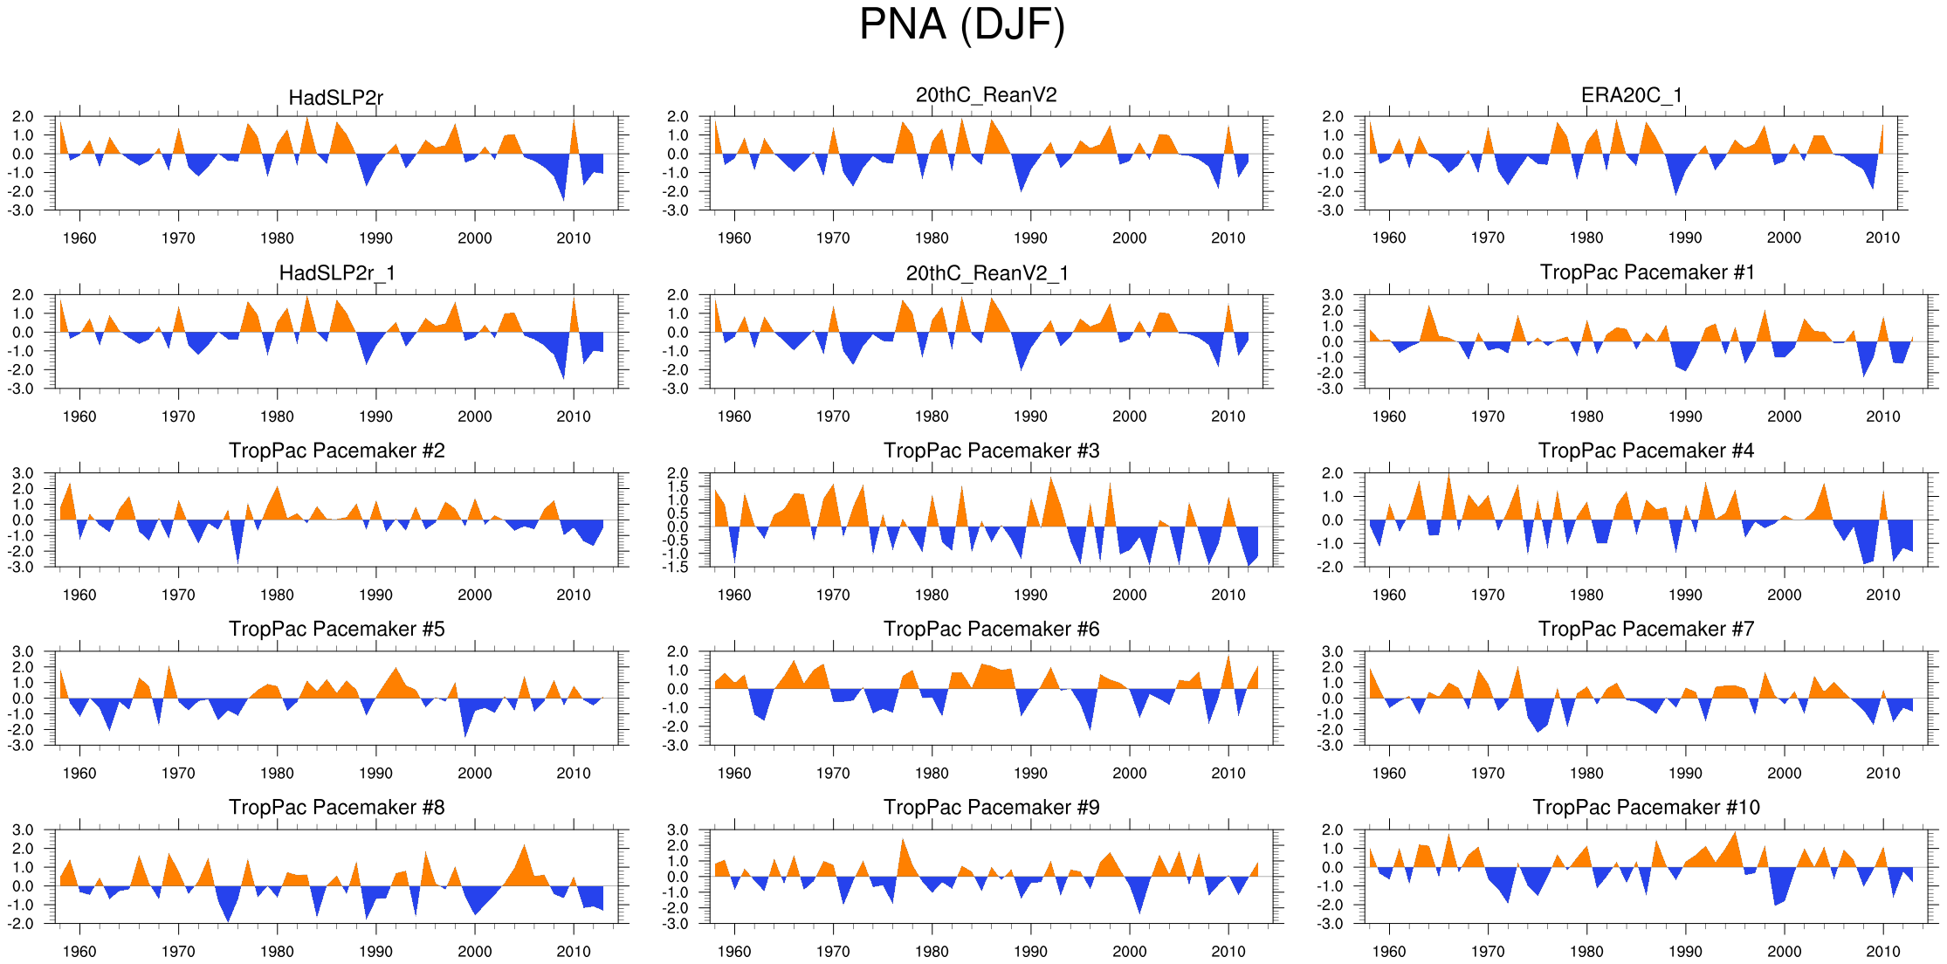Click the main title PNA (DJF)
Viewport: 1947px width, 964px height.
click(x=962, y=24)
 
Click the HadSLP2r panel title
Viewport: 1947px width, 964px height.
click(x=336, y=98)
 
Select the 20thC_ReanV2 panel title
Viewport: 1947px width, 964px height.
click(x=986, y=95)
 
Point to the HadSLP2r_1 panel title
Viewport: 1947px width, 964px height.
click(x=337, y=273)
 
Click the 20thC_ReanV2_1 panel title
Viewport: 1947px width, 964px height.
click(x=987, y=273)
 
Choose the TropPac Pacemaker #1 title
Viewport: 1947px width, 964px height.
click(x=1647, y=272)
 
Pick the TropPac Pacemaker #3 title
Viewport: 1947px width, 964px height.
click(x=991, y=451)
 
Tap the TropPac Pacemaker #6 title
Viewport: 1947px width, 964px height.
click(x=991, y=629)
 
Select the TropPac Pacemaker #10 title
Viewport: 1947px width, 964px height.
click(x=1646, y=807)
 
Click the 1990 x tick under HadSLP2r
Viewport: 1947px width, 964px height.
click(x=375, y=238)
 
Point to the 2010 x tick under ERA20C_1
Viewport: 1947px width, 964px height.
click(x=1882, y=238)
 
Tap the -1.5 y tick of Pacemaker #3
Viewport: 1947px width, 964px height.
click(x=678, y=568)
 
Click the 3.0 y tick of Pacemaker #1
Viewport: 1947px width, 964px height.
click(x=1332, y=295)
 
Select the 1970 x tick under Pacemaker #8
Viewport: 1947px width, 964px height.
click(x=178, y=951)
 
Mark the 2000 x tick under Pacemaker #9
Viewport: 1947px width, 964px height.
click(x=1129, y=951)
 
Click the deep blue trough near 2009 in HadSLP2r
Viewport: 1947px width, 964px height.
click(x=562, y=194)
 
